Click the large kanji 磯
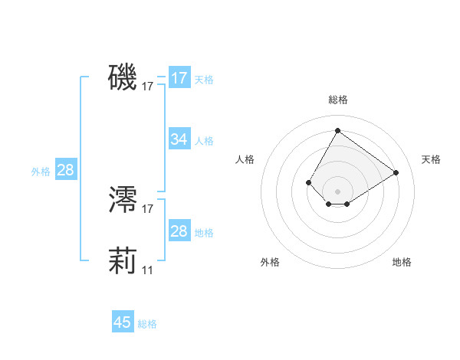(x=123, y=77)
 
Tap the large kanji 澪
(x=123, y=199)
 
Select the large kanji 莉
(x=123, y=261)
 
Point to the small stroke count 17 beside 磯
(x=148, y=87)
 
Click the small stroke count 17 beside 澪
(x=148, y=209)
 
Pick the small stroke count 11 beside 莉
(x=147, y=270)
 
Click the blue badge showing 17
(x=179, y=78)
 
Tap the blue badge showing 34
(x=179, y=139)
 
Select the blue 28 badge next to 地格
(x=179, y=231)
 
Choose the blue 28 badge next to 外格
(x=66, y=170)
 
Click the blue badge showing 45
(x=123, y=322)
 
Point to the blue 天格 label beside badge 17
(x=204, y=79)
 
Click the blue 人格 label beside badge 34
(x=204, y=141)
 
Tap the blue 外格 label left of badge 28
(x=41, y=172)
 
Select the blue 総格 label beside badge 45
(x=147, y=324)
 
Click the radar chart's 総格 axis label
(x=338, y=100)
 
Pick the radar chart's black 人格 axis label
(x=245, y=159)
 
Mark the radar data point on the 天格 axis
(x=396, y=173)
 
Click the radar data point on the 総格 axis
(x=337, y=130)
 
